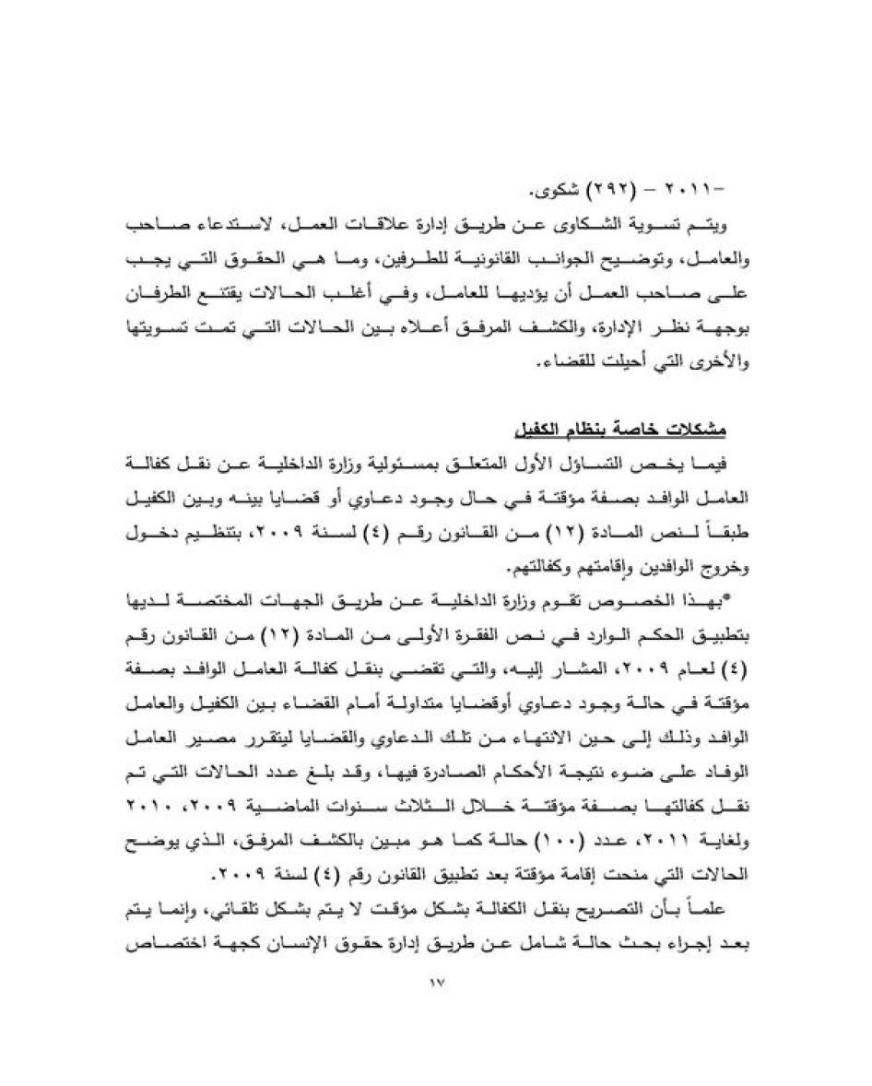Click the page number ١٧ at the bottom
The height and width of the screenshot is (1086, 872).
(x=437, y=983)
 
